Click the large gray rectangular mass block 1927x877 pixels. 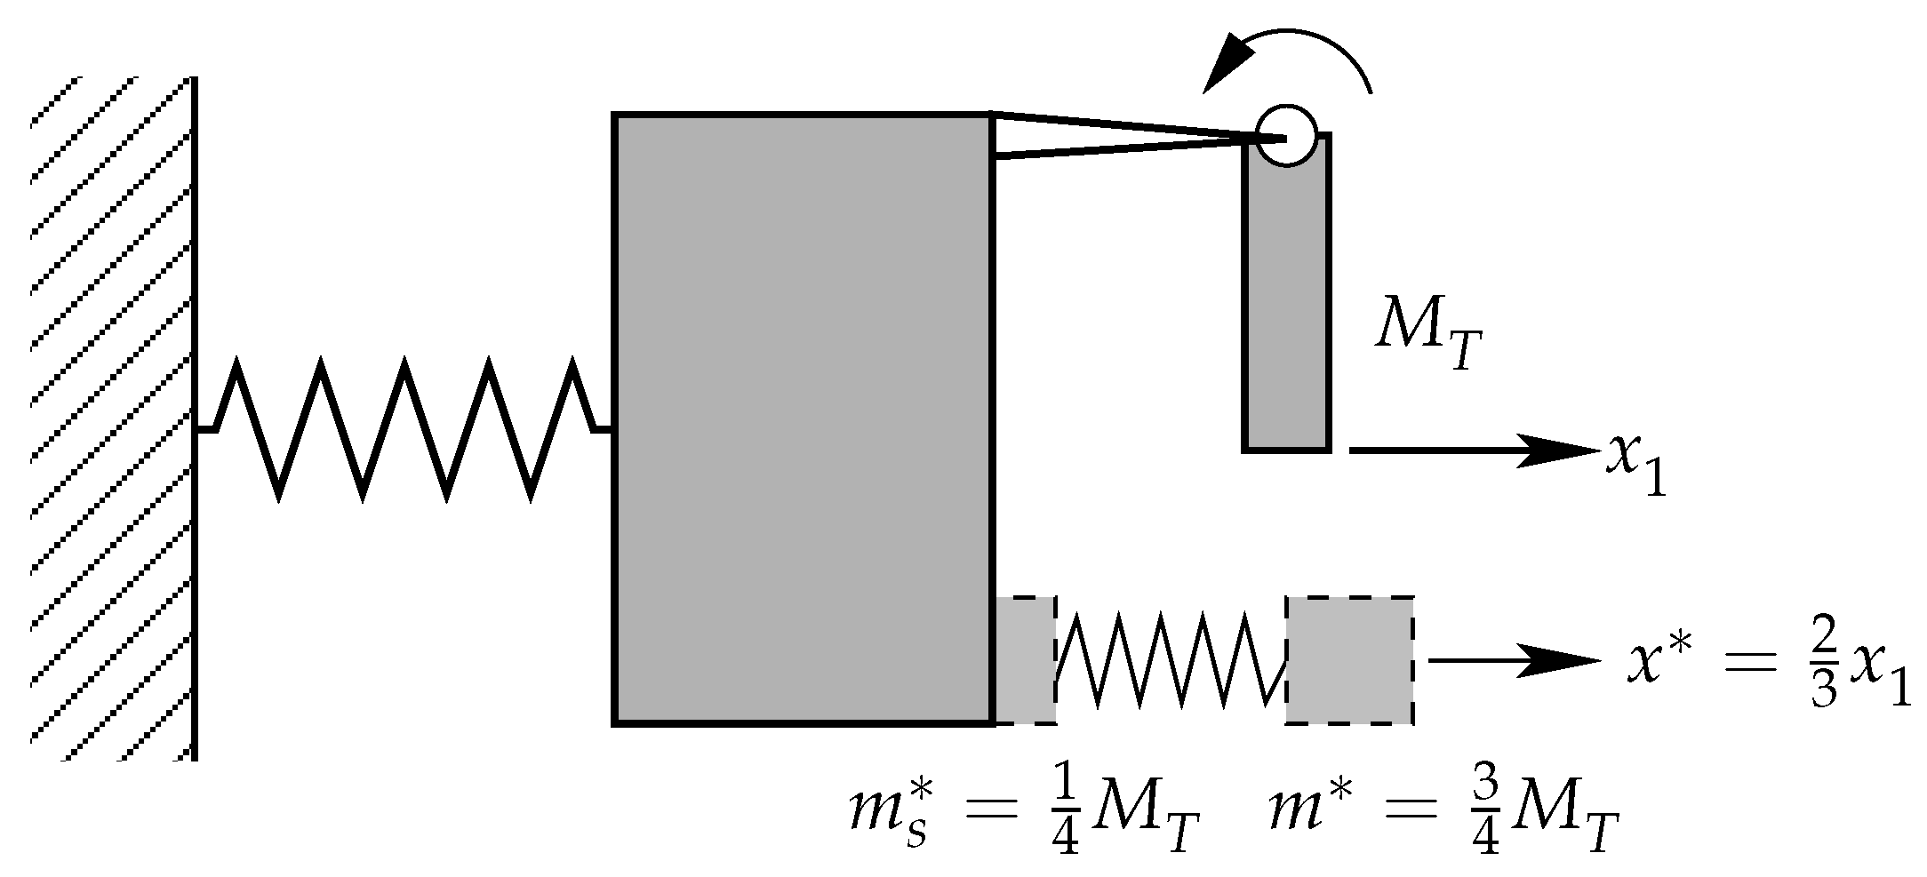pyautogui.click(x=804, y=419)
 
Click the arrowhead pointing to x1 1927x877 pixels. pyautogui.click(x=1560, y=450)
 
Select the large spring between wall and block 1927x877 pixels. pyautogui.click(x=404, y=429)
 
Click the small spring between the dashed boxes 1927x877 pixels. pyautogui.click(x=1171, y=660)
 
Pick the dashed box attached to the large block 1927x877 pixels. pyautogui.click(x=1026, y=660)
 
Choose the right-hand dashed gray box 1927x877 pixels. pyautogui.click(x=1349, y=660)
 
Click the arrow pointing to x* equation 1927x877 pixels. pyautogui.click(x=1511, y=660)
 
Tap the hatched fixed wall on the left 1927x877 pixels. pyautogui.click(x=111, y=419)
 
